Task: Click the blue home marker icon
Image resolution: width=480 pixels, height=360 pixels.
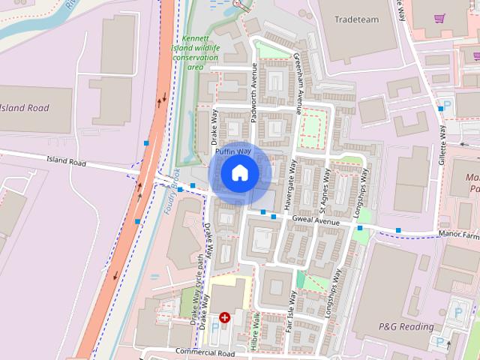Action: tap(239, 173)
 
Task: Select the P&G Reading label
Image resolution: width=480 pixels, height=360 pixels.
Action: tap(405, 327)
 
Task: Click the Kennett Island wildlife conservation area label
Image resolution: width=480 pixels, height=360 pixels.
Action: tap(199, 52)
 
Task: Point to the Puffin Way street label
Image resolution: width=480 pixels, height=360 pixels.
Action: tap(232, 152)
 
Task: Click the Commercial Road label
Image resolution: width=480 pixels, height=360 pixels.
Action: tap(205, 352)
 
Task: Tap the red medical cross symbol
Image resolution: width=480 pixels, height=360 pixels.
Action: tap(224, 318)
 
